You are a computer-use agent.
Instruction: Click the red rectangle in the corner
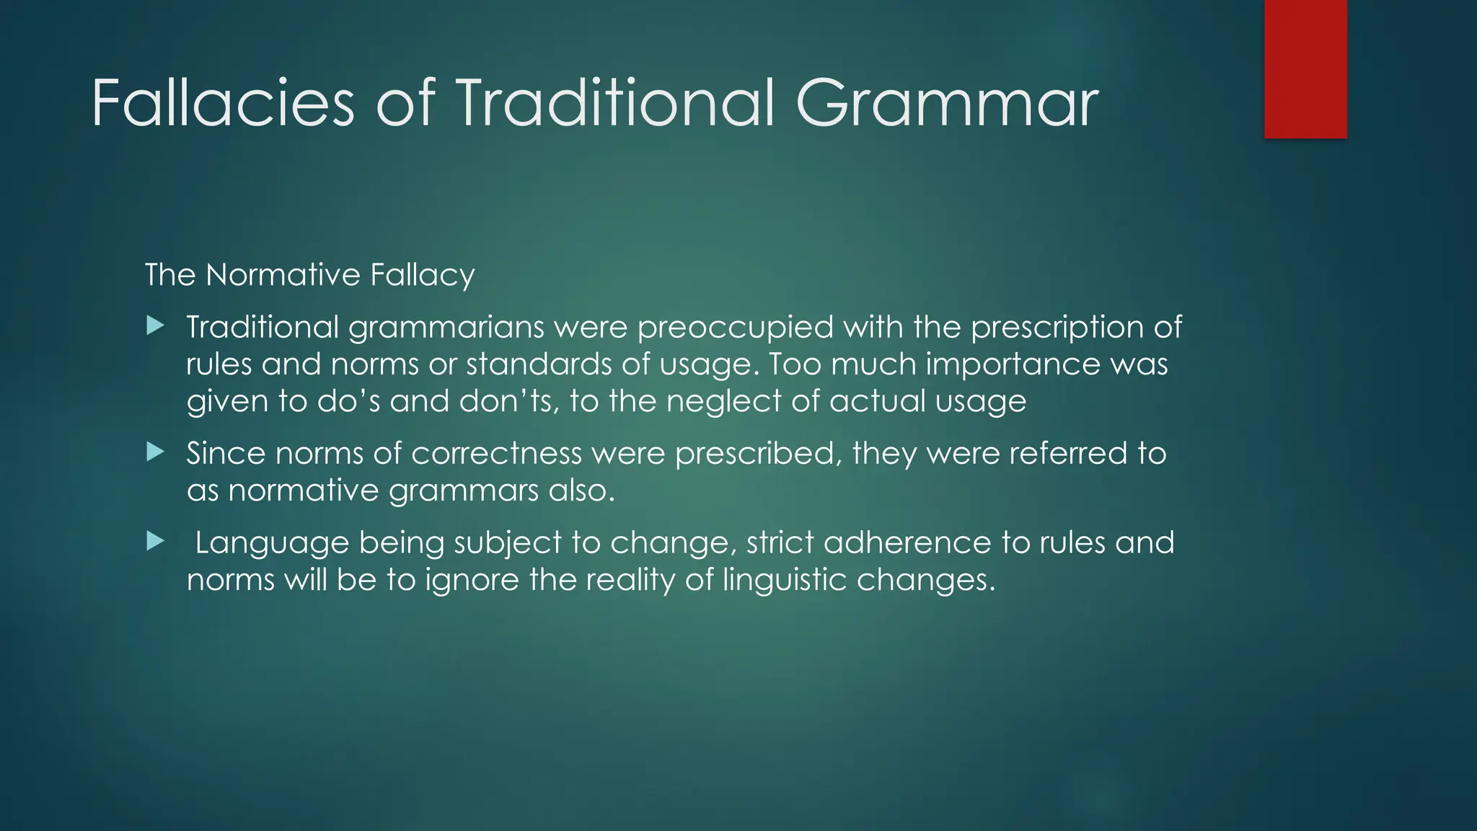coord(1305,69)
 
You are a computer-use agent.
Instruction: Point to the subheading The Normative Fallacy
coord(309,275)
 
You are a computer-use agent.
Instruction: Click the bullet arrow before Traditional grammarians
coord(155,326)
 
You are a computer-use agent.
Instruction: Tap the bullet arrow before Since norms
coord(155,452)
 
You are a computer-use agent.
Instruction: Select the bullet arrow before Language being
coord(155,541)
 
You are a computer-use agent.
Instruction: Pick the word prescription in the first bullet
coord(1057,328)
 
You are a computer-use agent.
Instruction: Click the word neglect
coord(723,401)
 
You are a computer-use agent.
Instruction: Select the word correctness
coord(496,454)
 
